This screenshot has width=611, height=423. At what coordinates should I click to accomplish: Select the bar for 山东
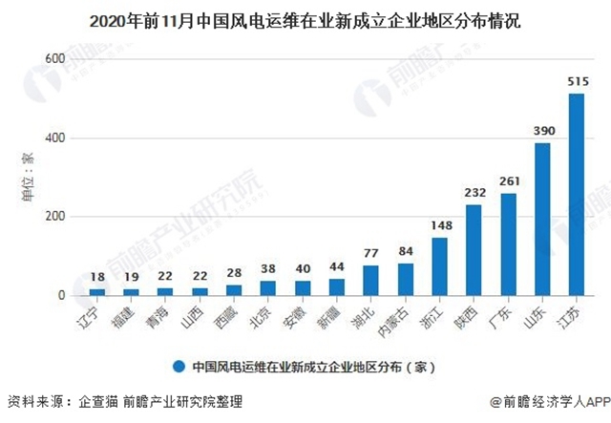[542, 219]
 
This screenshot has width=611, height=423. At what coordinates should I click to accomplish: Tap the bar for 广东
[508, 244]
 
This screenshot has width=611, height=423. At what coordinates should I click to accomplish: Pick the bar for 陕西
[474, 250]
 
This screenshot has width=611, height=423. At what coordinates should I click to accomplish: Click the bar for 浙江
[439, 266]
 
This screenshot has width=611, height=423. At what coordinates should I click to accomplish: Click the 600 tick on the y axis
[53, 60]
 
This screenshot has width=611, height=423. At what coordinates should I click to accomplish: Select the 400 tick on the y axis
[53, 138]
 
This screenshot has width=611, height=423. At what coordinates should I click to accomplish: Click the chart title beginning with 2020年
[305, 18]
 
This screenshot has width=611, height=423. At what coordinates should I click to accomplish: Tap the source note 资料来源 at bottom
[124, 402]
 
